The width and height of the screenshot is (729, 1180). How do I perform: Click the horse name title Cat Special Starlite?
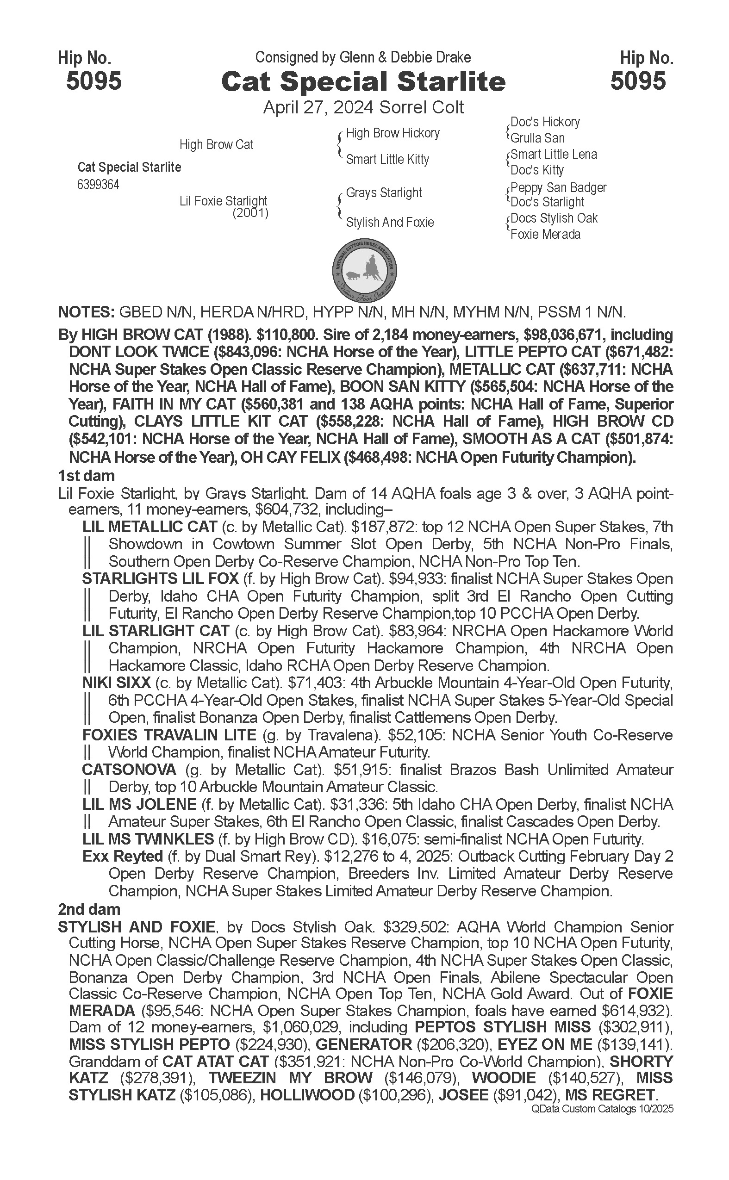pyautogui.click(x=363, y=81)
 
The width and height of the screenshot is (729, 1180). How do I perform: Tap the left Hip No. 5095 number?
pyautogui.click(x=93, y=81)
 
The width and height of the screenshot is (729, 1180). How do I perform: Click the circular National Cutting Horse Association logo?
pyautogui.click(x=365, y=269)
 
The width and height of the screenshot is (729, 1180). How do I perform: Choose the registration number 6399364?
pyautogui.click(x=98, y=185)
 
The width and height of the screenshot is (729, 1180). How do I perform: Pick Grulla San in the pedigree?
pyautogui.click(x=537, y=138)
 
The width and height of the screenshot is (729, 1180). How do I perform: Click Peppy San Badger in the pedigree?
pyautogui.click(x=558, y=187)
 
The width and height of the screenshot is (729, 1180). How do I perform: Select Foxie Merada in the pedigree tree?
pyautogui.click(x=545, y=235)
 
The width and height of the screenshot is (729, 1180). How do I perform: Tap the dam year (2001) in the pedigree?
pyautogui.click(x=250, y=212)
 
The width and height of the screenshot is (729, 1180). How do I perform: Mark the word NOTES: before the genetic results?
pyautogui.click(x=86, y=312)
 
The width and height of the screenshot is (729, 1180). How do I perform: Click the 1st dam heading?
pyautogui.click(x=86, y=476)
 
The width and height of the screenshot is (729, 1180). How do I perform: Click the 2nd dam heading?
pyautogui.click(x=89, y=909)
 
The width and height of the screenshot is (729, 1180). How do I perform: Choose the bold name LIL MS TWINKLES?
pyautogui.click(x=148, y=839)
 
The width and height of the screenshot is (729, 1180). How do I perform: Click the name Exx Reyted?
pyautogui.click(x=123, y=857)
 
